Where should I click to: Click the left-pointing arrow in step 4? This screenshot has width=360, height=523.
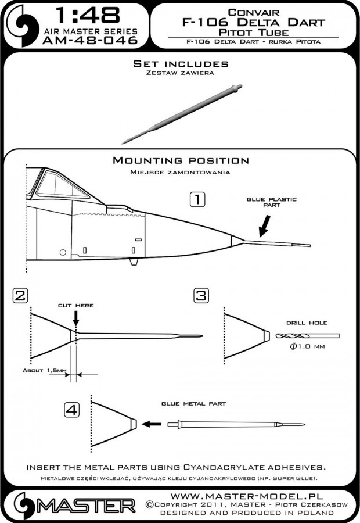point(152,424)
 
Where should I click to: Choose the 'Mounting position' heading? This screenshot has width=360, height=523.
point(181,160)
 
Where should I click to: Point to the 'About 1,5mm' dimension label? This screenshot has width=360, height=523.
point(41,370)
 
